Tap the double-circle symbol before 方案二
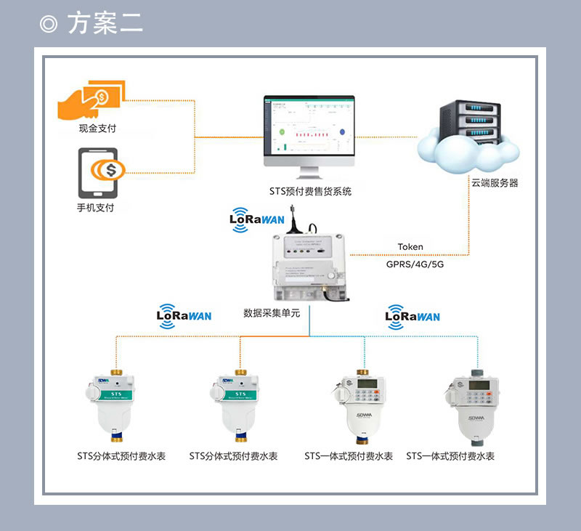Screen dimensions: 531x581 [x=49, y=24]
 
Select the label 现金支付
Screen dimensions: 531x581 [x=97, y=129]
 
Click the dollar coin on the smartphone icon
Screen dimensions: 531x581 [x=110, y=171]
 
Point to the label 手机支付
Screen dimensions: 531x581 [x=97, y=208]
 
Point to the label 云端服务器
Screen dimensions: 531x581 [x=495, y=184]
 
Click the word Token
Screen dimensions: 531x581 [x=410, y=247]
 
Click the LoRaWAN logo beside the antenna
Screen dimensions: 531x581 [x=256, y=218]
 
